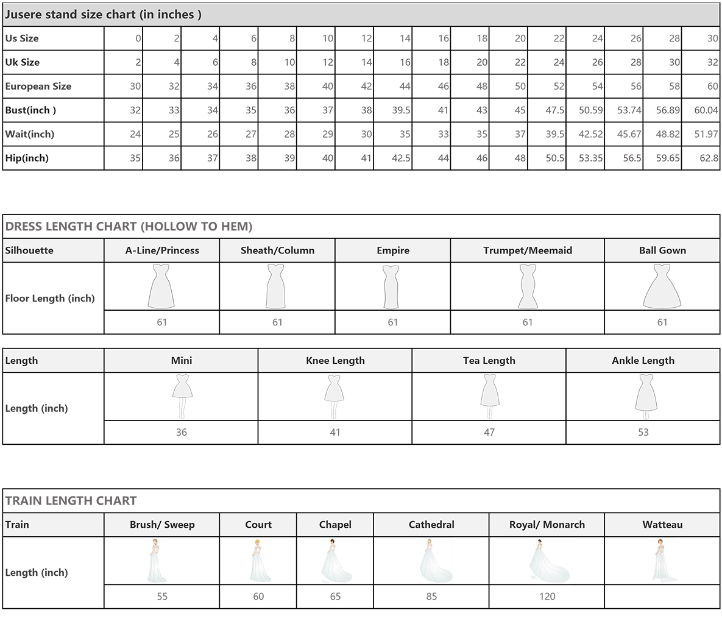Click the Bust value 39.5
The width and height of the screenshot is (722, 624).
coord(401,110)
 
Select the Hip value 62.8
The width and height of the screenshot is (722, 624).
coord(709,158)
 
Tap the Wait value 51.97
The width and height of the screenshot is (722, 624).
coord(706,134)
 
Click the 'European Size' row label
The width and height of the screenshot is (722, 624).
coord(38,86)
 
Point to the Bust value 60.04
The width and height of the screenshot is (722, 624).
coord(706,110)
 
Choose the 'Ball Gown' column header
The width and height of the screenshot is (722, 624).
coord(662,250)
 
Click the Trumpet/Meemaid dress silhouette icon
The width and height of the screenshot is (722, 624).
coord(528,286)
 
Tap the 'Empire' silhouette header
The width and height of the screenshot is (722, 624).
coord(393,250)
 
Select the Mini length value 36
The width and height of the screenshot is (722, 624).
coord(182,432)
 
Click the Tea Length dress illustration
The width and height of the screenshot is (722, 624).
coord(489,395)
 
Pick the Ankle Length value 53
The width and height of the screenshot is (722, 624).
coord(643,432)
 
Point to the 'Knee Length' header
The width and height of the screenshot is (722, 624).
coord(335,361)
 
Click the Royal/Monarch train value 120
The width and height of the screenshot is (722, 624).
coord(547,597)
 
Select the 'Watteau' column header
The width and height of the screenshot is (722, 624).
coord(662,525)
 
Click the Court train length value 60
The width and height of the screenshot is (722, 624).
coord(258,597)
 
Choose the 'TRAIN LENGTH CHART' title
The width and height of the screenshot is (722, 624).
coord(71,500)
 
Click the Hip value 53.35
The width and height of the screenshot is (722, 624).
coord(591,158)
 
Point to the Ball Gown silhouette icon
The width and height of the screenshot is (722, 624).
coord(662,286)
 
